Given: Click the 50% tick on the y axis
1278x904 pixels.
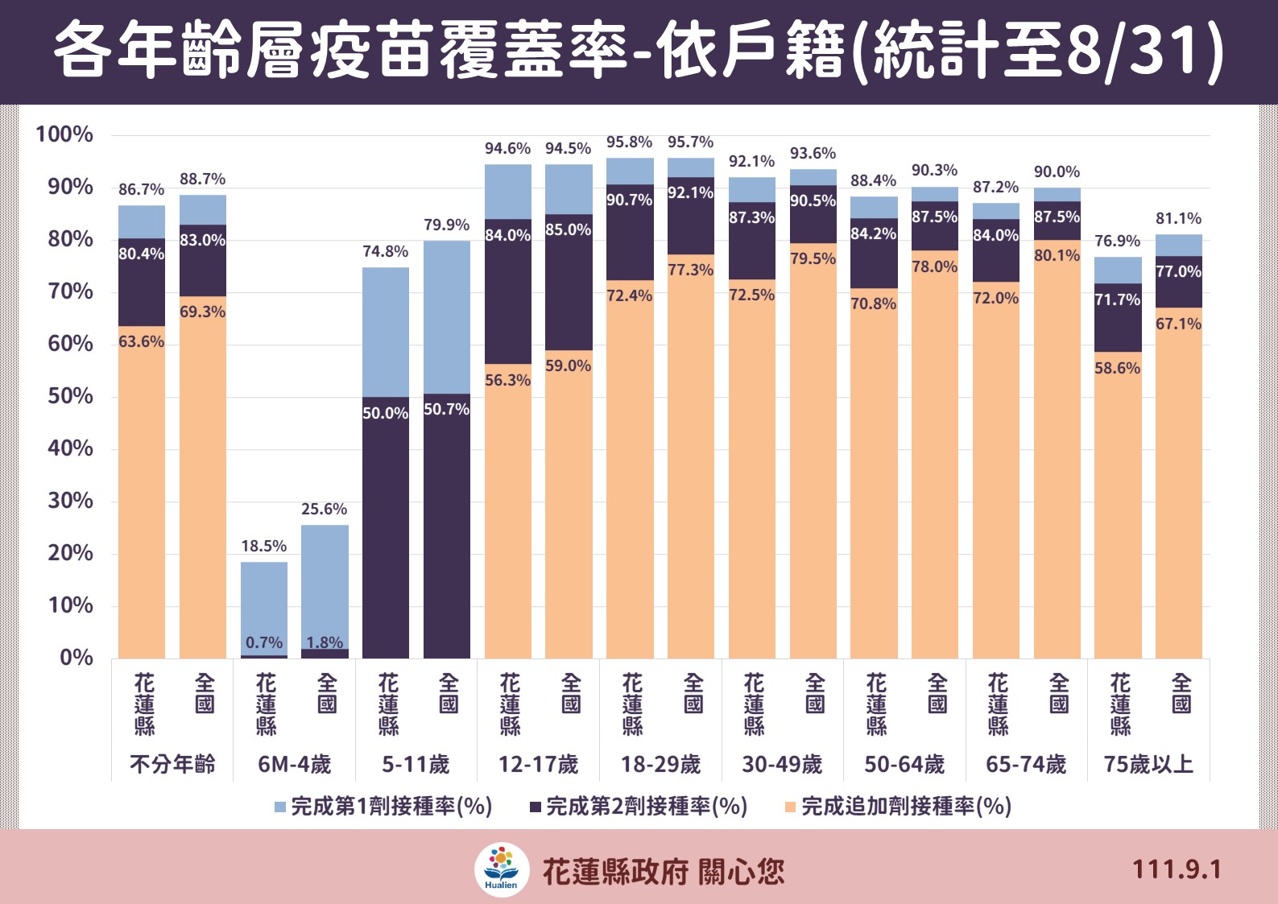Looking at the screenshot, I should tap(70, 396).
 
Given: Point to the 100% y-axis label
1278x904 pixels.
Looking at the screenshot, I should tap(64, 134).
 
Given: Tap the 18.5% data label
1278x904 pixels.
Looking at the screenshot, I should tap(263, 546).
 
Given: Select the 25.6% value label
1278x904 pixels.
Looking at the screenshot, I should tap(324, 509).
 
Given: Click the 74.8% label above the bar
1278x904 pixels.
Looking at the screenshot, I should tap(385, 251).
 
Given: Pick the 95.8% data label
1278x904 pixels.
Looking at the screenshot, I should tap(629, 142).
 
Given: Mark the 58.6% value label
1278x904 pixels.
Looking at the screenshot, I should tap(1117, 368).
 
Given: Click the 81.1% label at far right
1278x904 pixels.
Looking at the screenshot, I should tap(1178, 218).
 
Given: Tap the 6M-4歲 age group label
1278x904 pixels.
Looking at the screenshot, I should tap(294, 764).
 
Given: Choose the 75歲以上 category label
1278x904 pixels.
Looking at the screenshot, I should tap(1148, 764).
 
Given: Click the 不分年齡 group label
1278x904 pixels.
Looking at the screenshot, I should tap(172, 764).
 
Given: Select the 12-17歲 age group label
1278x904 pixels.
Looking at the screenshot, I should tap(538, 764).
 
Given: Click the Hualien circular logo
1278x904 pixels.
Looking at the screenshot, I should tap(502, 869).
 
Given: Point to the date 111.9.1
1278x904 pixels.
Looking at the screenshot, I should tap(1177, 869).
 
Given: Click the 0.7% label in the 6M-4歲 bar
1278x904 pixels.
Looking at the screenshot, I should tap(264, 642).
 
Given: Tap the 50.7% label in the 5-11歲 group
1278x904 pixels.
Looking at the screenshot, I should tap(446, 409).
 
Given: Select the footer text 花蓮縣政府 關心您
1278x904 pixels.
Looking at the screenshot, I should tap(663, 871).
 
